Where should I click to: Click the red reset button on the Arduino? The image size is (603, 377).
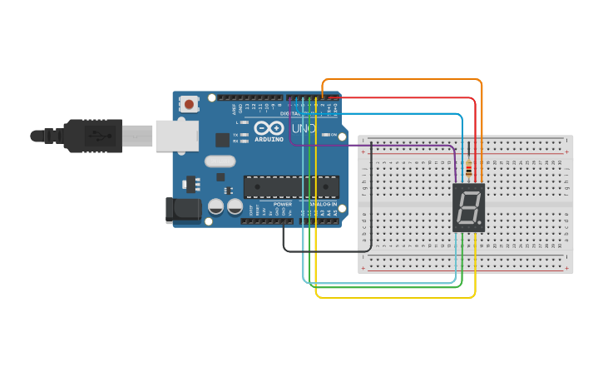tap(190, 104)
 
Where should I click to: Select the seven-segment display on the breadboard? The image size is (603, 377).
tap(467, 207)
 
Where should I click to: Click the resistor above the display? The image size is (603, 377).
tap(469, 169)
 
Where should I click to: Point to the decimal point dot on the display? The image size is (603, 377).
tap(480, 225)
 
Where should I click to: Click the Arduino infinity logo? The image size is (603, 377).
tap(269, 128)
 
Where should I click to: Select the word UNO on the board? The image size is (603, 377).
tap(304, 129)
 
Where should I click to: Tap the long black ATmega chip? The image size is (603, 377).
tap(291, 187)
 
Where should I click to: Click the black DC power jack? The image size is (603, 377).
tap(183, 210)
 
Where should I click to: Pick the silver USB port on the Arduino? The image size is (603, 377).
tap(176, 135)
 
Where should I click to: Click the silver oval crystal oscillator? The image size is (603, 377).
tap(220, 161)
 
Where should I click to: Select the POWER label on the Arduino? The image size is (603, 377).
tap(283, 204)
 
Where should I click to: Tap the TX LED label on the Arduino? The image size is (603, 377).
tap(235, 135)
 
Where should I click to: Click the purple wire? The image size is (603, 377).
tap(374, 145)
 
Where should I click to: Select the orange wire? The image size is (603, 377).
tap(399, 79)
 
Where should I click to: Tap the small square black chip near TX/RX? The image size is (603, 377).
tap(222, 140)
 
